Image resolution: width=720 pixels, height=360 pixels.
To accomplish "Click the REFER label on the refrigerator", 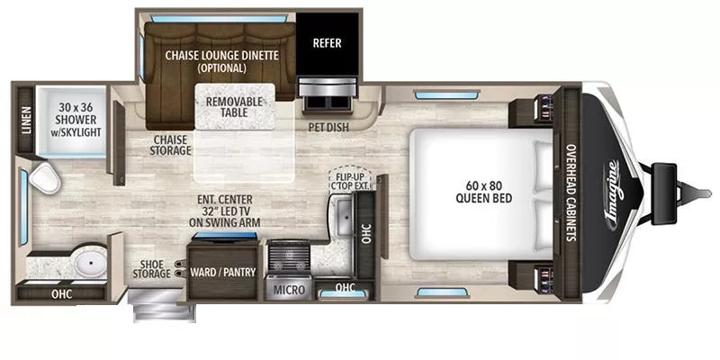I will (327, 42).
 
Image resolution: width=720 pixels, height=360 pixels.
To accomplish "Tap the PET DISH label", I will (328, 127).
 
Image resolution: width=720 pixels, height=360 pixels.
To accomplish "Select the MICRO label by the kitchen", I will (289, 290).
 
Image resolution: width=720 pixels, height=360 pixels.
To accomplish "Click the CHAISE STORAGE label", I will (171, 145).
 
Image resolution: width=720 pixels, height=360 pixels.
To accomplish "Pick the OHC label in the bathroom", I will (62, 292).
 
